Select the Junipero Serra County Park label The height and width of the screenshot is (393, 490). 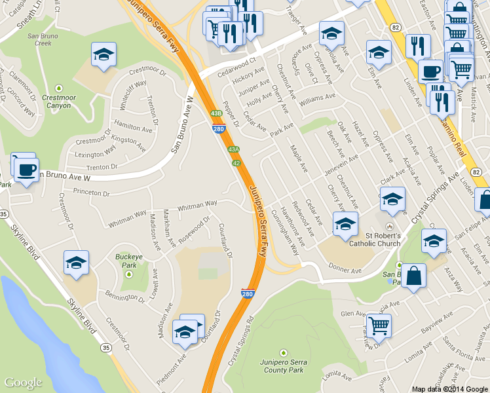tap(283, 365)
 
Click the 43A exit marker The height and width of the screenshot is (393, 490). tap(234, 149)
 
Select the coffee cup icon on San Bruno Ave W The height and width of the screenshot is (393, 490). tap(26, 170)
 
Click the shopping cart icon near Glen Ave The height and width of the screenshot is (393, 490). tap(379, 324)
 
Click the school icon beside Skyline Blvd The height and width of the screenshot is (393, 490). tap(76, 263)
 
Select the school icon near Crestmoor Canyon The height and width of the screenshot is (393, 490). tap(104, 55)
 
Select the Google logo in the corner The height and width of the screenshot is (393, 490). tap(23, 383)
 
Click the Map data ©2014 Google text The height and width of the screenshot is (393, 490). tap(449, 388)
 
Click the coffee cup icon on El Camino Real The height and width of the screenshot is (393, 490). tap(430, 71)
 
